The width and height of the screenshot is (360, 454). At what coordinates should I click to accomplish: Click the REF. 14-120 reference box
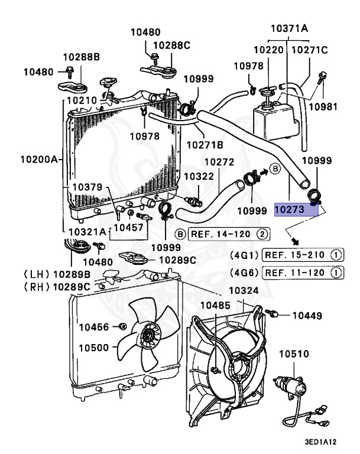tap(229, 234)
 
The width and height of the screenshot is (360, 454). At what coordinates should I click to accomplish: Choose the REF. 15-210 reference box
tap(303, 255)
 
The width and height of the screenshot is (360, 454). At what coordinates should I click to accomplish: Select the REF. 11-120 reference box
tap(303, 273)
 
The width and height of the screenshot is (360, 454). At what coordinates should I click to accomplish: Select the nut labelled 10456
tap(122, 326)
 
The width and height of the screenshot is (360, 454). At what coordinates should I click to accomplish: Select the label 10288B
tap(82, 57)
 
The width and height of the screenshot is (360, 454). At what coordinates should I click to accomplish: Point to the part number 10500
tap(95, 347)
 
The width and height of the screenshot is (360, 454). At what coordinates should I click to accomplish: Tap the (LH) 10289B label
tap(57, 274)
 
